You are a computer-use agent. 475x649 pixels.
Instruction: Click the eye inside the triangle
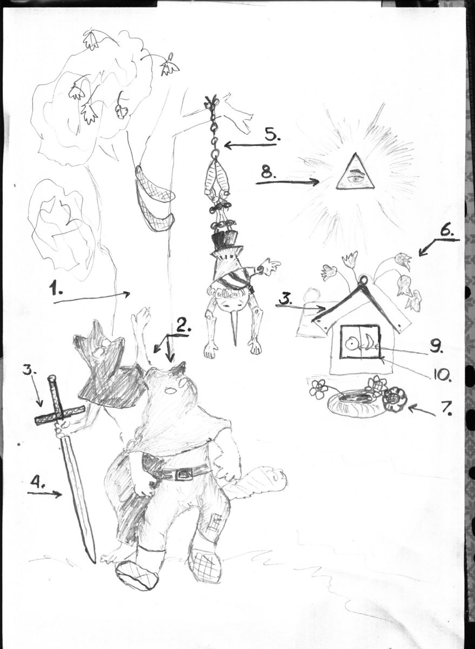tap(356, 178)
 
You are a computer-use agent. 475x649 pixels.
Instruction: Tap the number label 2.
tap(183, 327)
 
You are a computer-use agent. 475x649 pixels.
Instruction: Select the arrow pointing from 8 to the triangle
tap(287, 182)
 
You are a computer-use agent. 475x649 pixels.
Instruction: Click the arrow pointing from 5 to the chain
tap(250, 144)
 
